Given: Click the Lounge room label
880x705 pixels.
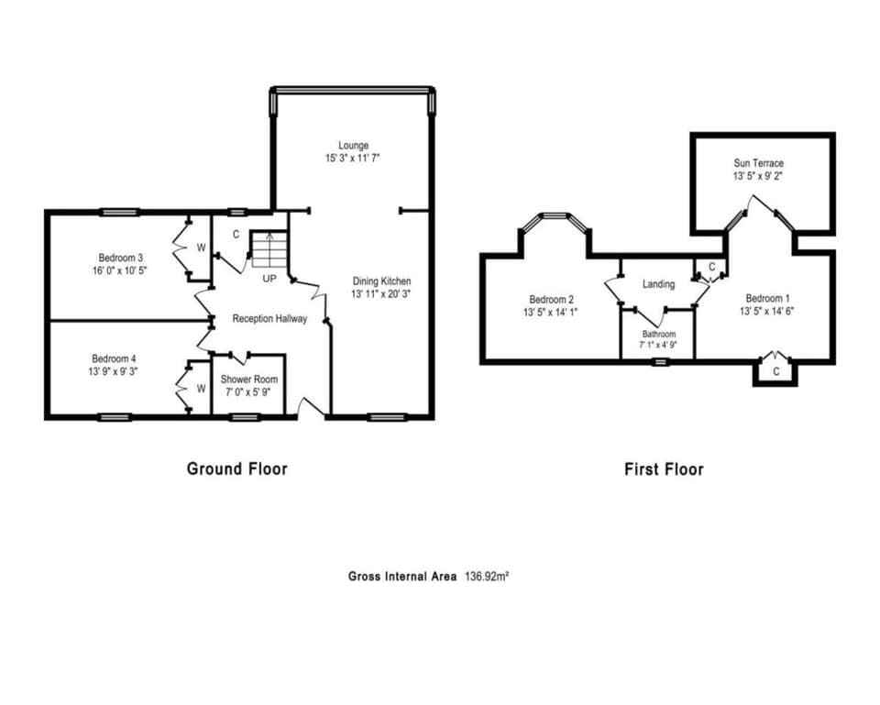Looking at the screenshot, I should (353, 145).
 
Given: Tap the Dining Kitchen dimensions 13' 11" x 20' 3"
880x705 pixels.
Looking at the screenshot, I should (382, 294).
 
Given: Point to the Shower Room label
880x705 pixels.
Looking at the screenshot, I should (248, 380).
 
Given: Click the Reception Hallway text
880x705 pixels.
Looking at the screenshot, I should (269, 318).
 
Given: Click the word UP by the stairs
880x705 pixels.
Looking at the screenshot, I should (269, 277).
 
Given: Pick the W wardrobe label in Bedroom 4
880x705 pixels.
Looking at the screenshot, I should (201, 388).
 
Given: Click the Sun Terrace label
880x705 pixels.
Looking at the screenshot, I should (757, 163).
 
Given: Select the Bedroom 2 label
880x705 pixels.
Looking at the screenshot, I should (552, 299).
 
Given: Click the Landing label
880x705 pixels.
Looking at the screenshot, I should (658, 284).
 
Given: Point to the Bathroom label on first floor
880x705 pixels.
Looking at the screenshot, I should (658, 335).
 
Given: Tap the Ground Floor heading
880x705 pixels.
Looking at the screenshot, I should (236, 468).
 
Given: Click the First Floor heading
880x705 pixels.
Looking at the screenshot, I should (664, 469).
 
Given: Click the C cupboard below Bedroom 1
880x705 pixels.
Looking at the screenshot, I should (775, 371).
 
